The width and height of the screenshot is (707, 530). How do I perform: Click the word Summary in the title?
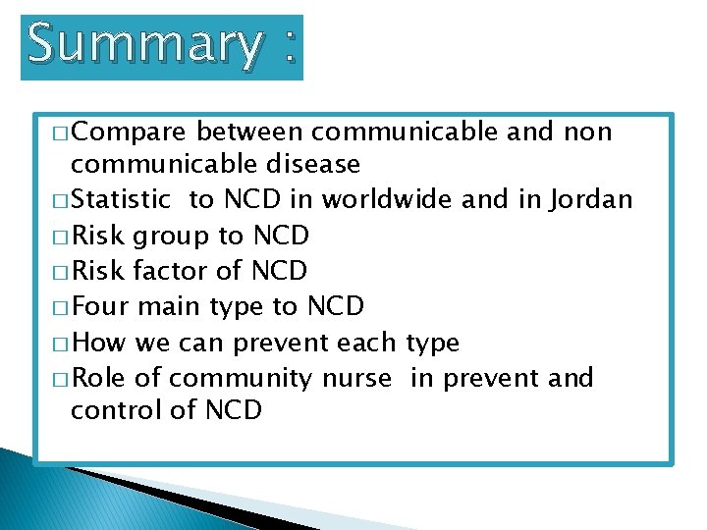coord(144,45)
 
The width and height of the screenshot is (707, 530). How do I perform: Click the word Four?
coord(101,306)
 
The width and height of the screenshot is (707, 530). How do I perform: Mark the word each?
coord(365,343)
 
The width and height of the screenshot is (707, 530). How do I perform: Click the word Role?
coord(100,378)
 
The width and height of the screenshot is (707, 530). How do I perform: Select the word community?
coord(237,378)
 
